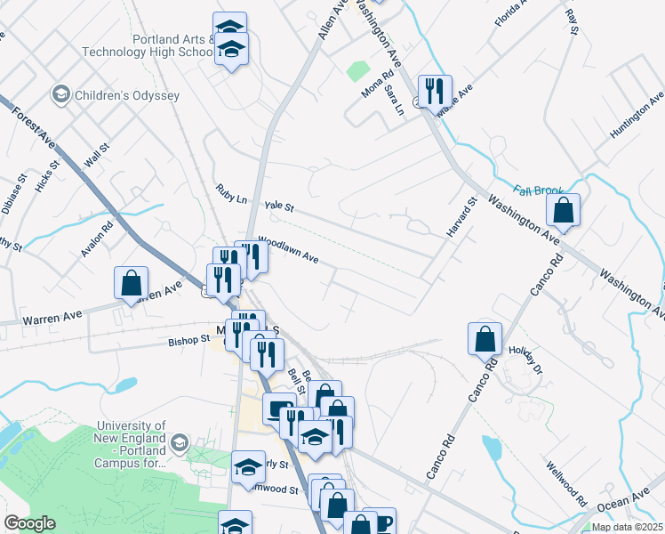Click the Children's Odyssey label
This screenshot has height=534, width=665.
[127, 95]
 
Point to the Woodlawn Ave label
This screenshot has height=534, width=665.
[288, 248]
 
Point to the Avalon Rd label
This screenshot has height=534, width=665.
[98, 239]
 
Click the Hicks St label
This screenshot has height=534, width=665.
[46, 176]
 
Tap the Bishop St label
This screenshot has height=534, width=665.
[188, 339]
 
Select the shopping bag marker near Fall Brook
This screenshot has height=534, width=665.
[563, 211]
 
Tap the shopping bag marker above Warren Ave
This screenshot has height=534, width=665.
[131, 283]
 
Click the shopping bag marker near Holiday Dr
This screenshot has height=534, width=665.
[485, 337]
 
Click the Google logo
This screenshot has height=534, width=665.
[29, 523]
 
